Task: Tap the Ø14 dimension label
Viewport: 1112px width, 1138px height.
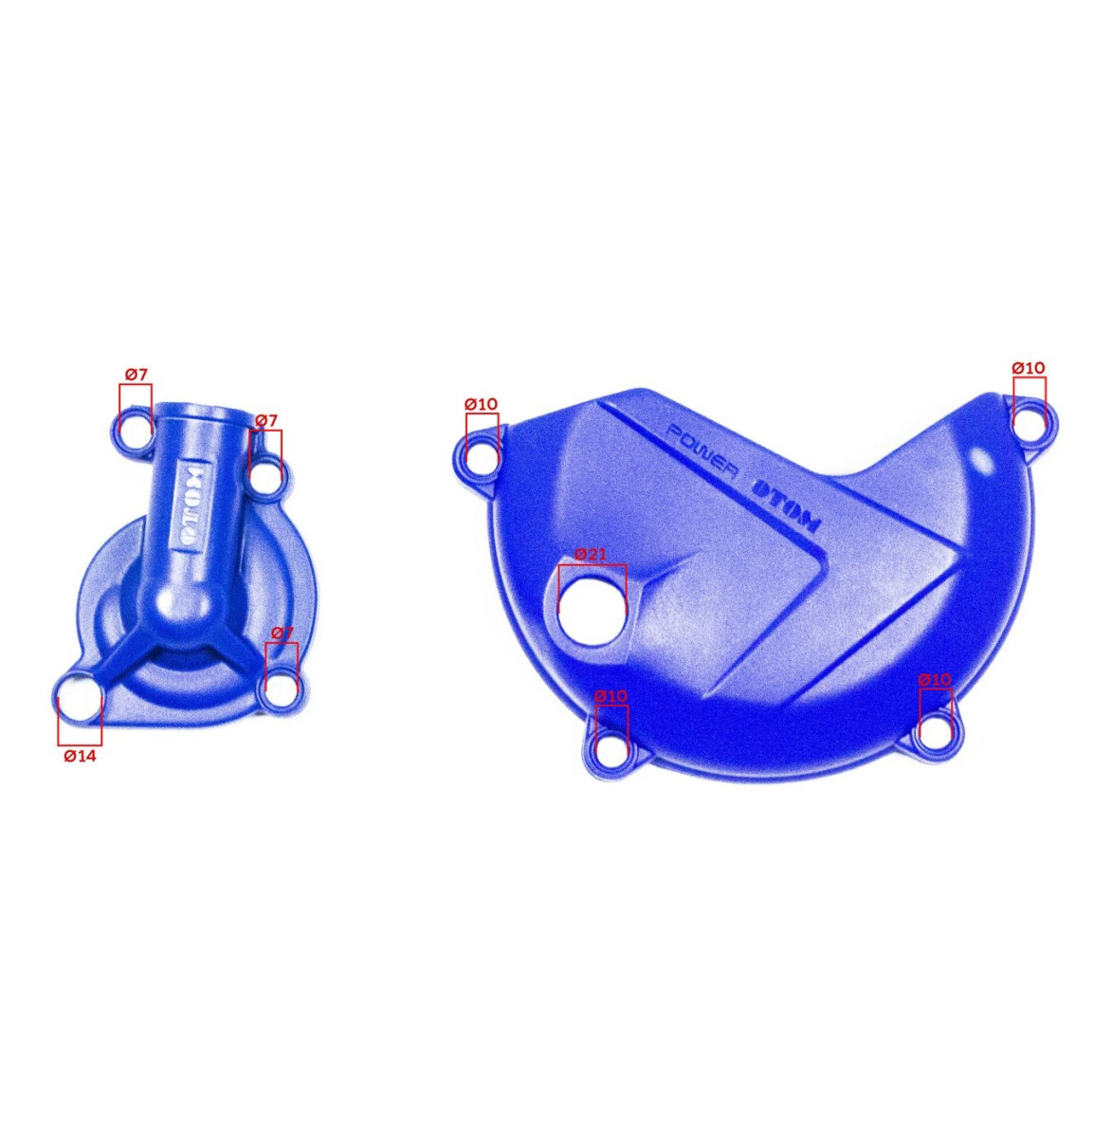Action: tap(80, 756)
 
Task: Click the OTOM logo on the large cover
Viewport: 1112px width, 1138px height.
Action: tap(785, 507)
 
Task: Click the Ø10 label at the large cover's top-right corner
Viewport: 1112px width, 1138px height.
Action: tap(1028, 368)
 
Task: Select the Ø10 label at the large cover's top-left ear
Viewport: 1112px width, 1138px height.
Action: tap(482, 403)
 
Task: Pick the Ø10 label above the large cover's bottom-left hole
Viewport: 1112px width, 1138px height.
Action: tap(611, 696)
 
